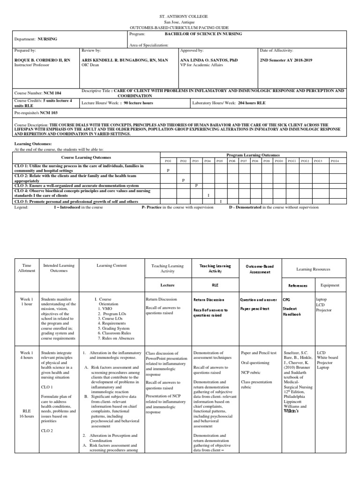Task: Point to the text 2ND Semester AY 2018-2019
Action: tap(286, 60)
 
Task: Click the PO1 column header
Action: tap(168, 161)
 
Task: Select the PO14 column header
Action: tap(334, 161)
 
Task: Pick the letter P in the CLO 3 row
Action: tap(196, 186)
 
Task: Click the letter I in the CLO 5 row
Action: tap(221, 201)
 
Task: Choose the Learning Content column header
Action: tap(112, 266)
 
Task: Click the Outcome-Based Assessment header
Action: tap(260, 269)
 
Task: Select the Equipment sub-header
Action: tap(330, 285)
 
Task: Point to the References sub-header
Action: tap(298, 285)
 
